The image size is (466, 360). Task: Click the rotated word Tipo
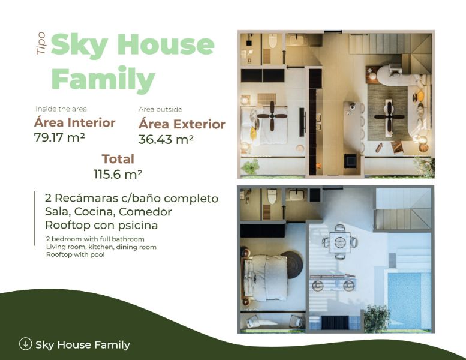pyautogui.click(x=41, y=43)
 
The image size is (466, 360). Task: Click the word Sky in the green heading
pyautogui.click(x=79, y=46)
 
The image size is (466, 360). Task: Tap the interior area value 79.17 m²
pyautogui.click(x=59, y=137)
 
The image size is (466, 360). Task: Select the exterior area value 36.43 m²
pyautogui.click(x=166, y=139)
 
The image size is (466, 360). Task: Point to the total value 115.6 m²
pyautogui.click(x=118, y=174)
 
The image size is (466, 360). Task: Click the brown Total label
pyautogui.click(x=118, y=159)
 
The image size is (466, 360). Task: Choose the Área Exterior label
pyautogui.click(x=182, y=124)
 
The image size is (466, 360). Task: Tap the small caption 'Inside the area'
pyautogui.click(x=61, y=109)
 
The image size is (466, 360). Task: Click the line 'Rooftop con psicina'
pyautogui.click(x=101, y=225)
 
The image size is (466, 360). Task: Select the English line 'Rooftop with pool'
pyautogui.click(x=75, y=254)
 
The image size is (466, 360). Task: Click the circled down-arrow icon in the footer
pyautogui.click(x=26, y=344)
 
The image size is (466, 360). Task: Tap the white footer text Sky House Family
pyautogui.click(x=83, y=345)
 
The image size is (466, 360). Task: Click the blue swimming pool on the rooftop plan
pyautogui.click(x=409, y=301)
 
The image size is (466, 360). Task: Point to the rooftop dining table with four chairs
pyautogui.click(x=339, y=242)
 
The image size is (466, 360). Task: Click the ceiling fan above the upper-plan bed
pyautogui.click(x=272, y=116)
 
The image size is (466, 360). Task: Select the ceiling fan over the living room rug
pyautogui.click(x=389, y=116)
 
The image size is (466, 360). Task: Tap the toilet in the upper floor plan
pyautogui.click(x=272, y=41)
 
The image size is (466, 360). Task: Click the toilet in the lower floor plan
pyautogui.click(x=272, y=196)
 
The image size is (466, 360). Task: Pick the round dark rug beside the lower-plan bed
pyautogui.click(x=292, y=265)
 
